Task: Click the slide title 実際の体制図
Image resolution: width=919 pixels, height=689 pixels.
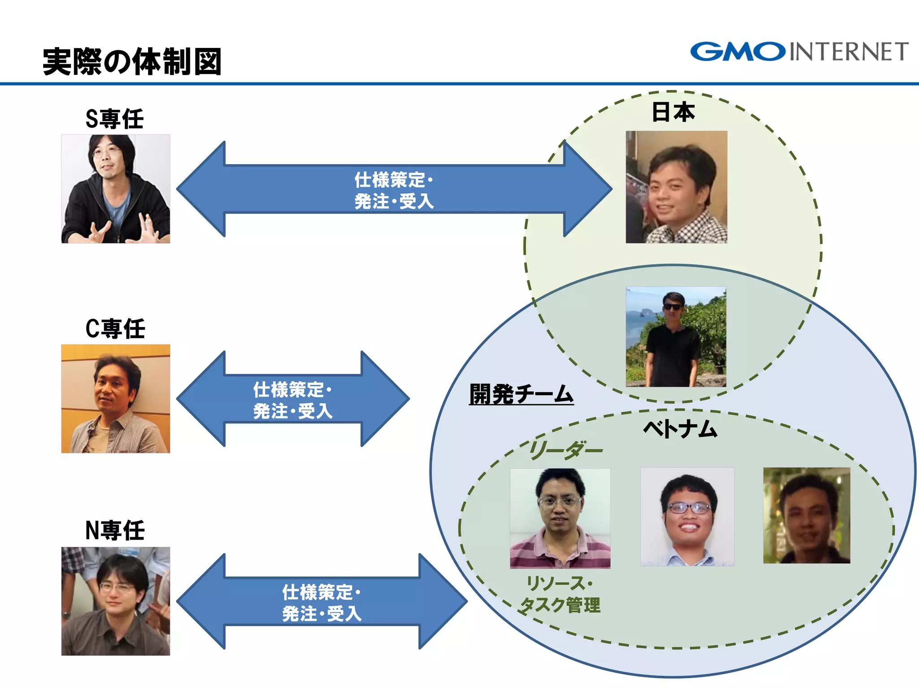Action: point(132,61)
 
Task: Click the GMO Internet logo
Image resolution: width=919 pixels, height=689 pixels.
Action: point(799,52)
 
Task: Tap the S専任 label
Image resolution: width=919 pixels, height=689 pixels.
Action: point(115,119)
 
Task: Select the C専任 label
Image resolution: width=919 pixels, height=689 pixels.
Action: point(115,329)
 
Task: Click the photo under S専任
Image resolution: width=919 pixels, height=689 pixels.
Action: point(116,189)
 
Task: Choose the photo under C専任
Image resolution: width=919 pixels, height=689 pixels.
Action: point(116,399)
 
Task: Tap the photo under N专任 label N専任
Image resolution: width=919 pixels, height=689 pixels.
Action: point(116,601)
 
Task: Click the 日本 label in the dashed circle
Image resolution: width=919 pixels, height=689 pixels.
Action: point(673,112)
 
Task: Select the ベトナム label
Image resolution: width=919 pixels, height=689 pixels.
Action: point(680,428)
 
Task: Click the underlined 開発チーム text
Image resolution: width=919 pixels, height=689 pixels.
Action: point(521,394)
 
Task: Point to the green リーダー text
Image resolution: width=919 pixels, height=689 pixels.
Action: point(565,450)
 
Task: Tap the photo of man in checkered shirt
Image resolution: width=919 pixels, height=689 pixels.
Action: point(676,187)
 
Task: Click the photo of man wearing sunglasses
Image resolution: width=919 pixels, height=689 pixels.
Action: point(676,337)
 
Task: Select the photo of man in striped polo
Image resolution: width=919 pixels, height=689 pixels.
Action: point(560,518)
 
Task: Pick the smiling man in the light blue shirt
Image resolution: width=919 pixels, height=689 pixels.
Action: point(687,517)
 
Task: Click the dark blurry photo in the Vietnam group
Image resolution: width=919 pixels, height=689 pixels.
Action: point(806,515)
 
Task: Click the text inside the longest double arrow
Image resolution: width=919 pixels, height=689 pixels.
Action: point(394,190)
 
